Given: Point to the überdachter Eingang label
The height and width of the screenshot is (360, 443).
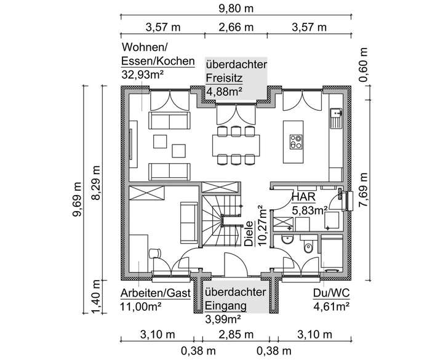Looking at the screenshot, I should click(236, 298).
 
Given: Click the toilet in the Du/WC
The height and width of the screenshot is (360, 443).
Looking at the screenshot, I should click(309, 246).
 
